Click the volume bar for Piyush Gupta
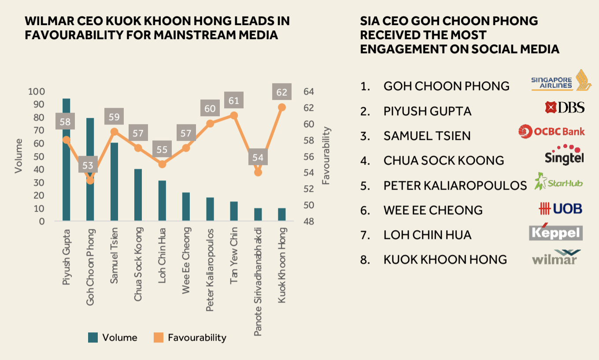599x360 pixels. pyautogui.click(x=67, y=176)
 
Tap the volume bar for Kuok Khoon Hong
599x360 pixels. pyautogui.click(x=282, y=214)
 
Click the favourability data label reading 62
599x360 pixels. pyautogui.click(x=282, y=92)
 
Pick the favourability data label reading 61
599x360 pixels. pyautogui.click(x=234, y=101)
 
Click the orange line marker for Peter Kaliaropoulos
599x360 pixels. pyautogui.click(x=210, y=124)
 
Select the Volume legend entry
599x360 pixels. pyautogui.click(x=113, y=338)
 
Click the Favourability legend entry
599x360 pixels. pyautogui.click(x=190, y=338)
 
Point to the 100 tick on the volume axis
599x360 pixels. pyautogui.click(x=37, y=92)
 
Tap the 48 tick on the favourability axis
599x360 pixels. pyautogui.click(x=308, y=221)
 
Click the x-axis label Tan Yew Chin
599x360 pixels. pyautogui.click(x=234, y=256)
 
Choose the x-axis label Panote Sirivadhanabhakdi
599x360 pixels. pyautogui.click(x=259, y=282)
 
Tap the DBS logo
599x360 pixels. pyautogui.click(x=565, y=107)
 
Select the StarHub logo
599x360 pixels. pyautogui.click(x=558, y=182)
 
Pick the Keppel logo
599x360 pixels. pyautogui.click(x=556, y=232)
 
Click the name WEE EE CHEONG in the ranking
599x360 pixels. pyautogui.click(x=433, y=210)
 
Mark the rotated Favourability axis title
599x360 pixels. pyautogui.click(x=326, y=156)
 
